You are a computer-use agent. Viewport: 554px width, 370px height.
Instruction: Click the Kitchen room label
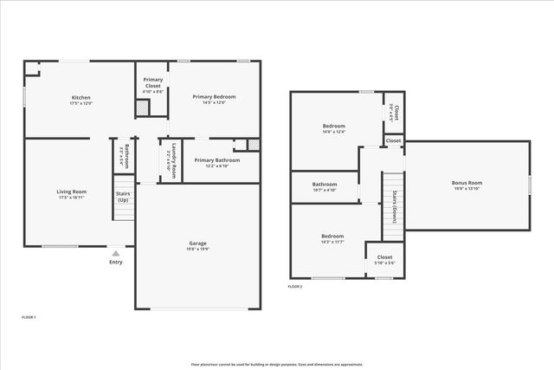click(x=81, y=98)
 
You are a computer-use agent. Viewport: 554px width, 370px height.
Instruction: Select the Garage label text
click(x=198, y=243)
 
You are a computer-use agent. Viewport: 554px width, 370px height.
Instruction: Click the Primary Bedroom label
click(x=214, y=97)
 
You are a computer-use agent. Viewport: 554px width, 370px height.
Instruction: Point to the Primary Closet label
click(x=153, y=81)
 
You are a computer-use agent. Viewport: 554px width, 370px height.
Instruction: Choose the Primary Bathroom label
click(x=216, y=160)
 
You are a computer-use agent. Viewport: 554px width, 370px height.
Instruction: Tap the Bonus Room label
click(x=467, y=183)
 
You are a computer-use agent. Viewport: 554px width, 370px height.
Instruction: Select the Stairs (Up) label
click(x=124, y=196)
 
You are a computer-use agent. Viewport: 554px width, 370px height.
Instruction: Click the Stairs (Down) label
click(x=394, y=206)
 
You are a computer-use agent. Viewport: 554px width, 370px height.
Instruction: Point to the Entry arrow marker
click(x=116, y=253)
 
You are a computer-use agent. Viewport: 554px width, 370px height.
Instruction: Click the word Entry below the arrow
click(x=116, y=262)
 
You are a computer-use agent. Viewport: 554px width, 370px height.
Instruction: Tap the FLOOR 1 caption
click(x=29, y=317)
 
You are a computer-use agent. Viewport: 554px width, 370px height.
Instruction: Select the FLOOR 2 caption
click(x=295, y=286)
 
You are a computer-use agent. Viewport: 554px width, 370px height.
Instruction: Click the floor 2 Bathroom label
click(x=325, y=184)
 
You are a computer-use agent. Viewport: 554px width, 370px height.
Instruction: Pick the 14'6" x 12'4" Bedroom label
click(x=333, y=127)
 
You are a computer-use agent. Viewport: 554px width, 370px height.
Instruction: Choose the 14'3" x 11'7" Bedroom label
click(x=332, y=237)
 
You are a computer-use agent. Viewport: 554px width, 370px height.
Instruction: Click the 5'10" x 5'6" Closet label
click(x=384, y=257)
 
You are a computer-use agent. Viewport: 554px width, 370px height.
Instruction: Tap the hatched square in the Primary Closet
click(x=142, y=109)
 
